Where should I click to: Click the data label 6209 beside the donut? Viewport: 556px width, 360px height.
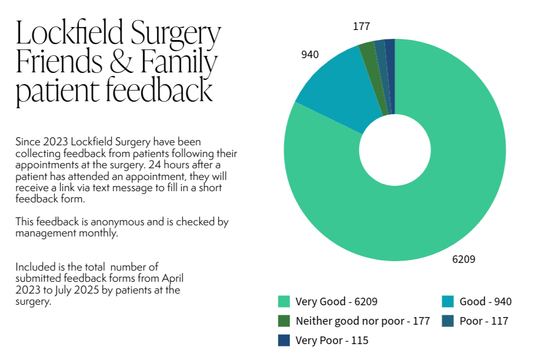(463, 259)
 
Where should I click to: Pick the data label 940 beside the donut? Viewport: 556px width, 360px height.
(310, 55)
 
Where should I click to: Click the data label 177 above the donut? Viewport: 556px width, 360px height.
(361, 26)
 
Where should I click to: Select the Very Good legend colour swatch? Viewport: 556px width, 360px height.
(284, 302)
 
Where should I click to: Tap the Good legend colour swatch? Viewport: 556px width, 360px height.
(448, 302)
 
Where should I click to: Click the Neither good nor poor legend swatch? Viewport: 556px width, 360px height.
(284, 321)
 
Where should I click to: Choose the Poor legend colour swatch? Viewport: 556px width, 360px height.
(448, 321)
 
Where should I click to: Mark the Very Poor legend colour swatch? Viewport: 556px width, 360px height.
(284, 340)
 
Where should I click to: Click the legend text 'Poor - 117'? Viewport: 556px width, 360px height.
(484, 321)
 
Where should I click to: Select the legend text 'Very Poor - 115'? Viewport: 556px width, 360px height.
(332, 340)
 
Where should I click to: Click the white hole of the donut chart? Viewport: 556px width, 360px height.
(394, 149)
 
